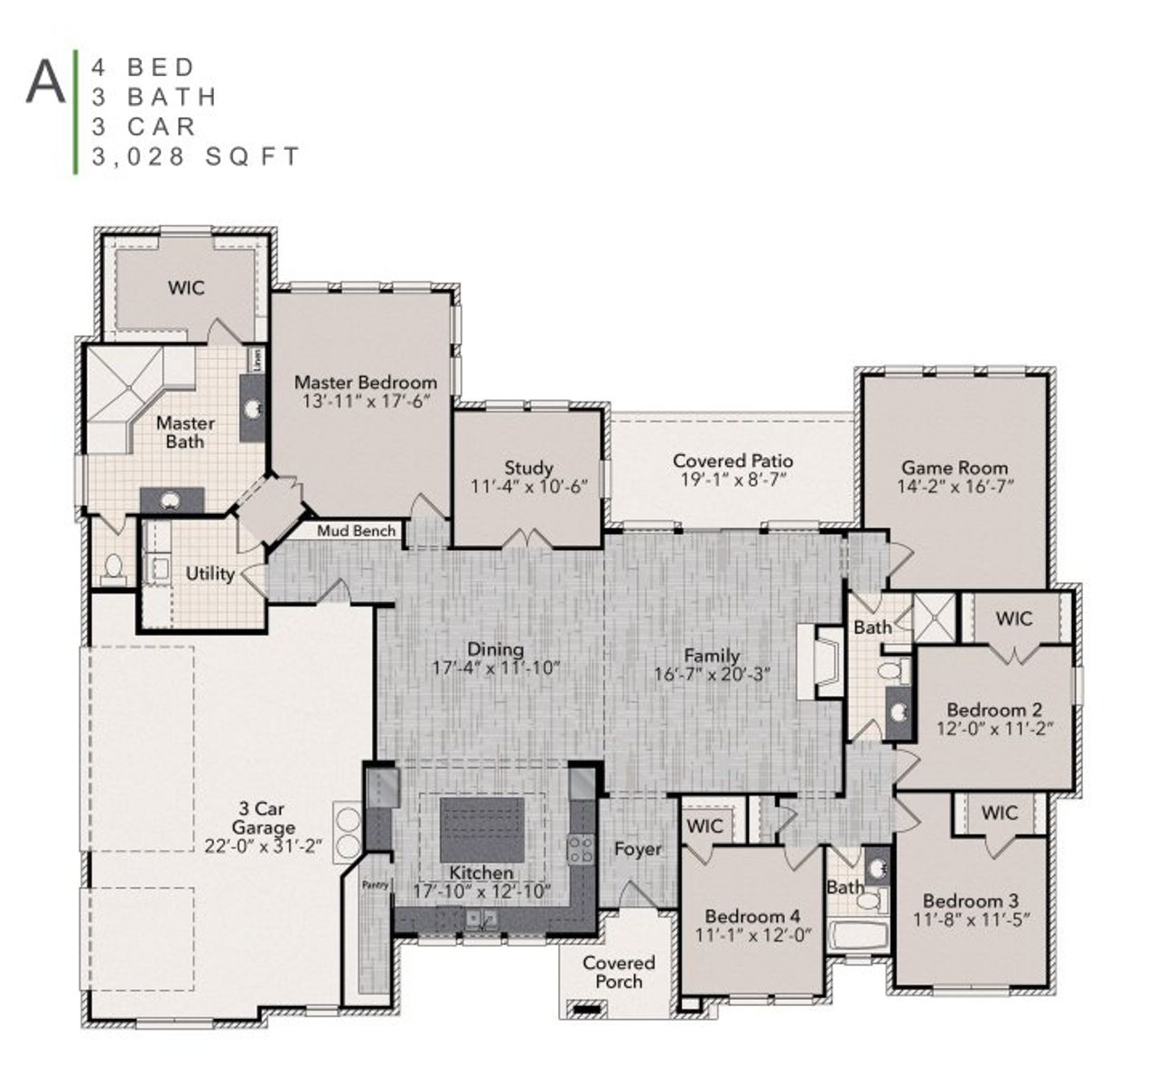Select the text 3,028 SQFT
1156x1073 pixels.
coord(195,156)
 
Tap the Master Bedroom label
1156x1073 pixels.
coord(365,382)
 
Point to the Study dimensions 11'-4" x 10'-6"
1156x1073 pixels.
coord(528,486)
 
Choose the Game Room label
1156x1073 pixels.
coord(955,467)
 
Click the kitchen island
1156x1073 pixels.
coord(481,829)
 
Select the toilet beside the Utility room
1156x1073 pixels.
coord(114,569)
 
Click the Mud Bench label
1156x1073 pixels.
coord(356,531)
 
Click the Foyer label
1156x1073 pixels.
coord(638,849)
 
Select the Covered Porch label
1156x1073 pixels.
coord(619,972)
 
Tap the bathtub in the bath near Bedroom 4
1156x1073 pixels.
coord(859,936)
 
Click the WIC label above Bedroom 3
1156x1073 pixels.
coord(998,813)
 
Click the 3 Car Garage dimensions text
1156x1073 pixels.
coord(263,846)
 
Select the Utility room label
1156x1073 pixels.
coord(210,574)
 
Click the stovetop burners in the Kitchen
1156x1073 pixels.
coord(579,849)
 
